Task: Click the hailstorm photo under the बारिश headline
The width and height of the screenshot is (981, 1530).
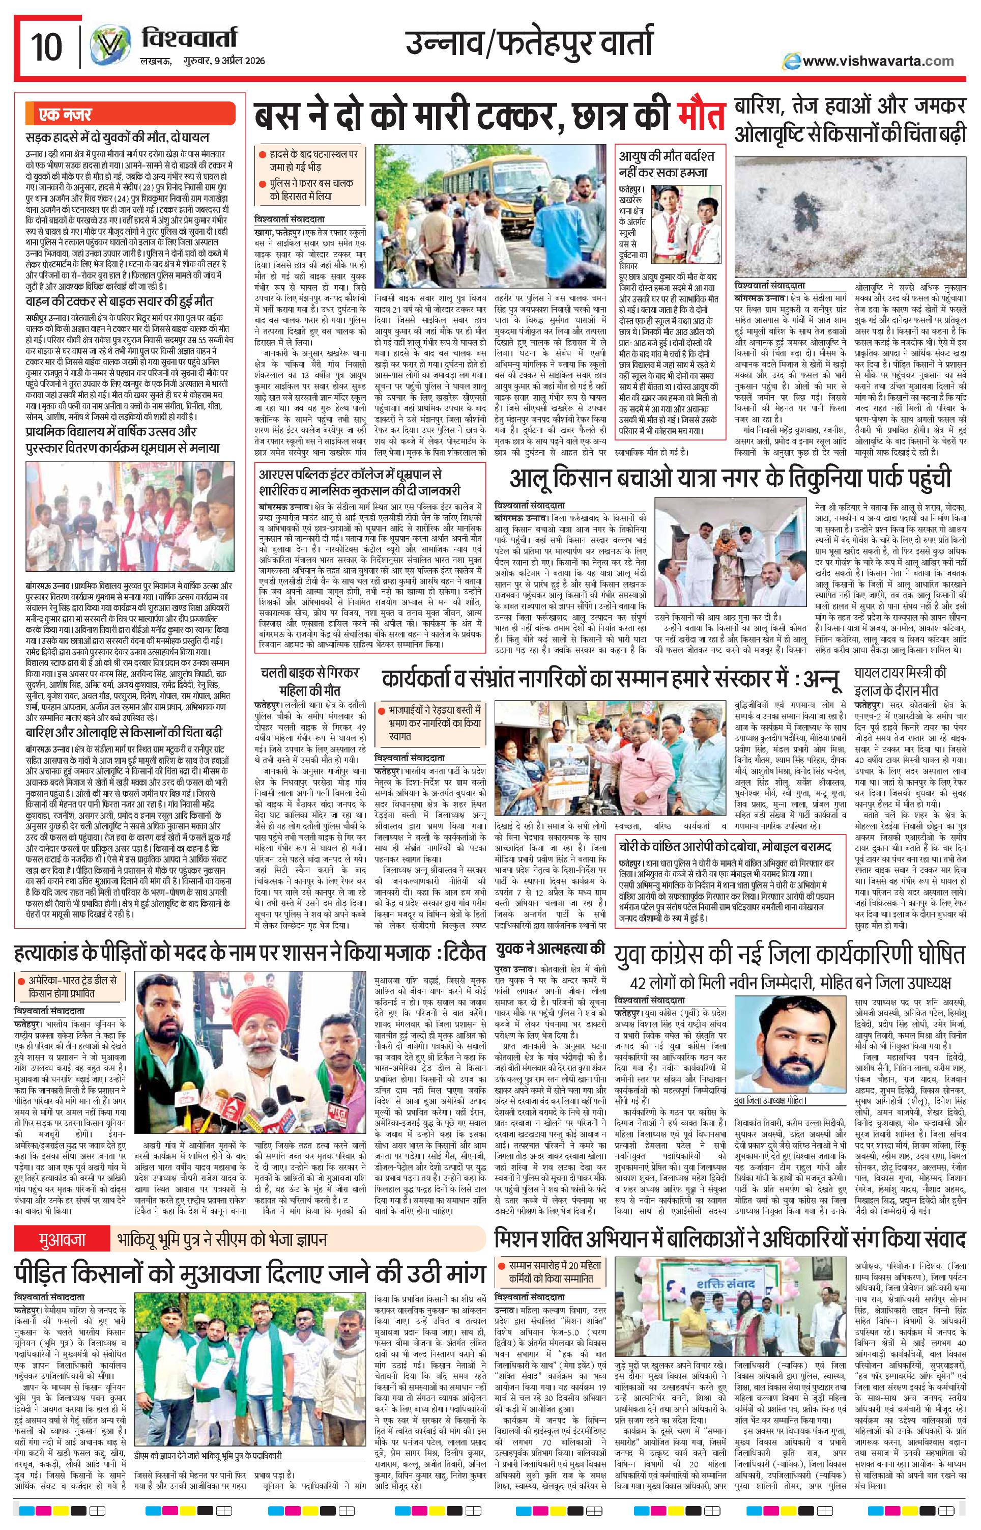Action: pos(849,213)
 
